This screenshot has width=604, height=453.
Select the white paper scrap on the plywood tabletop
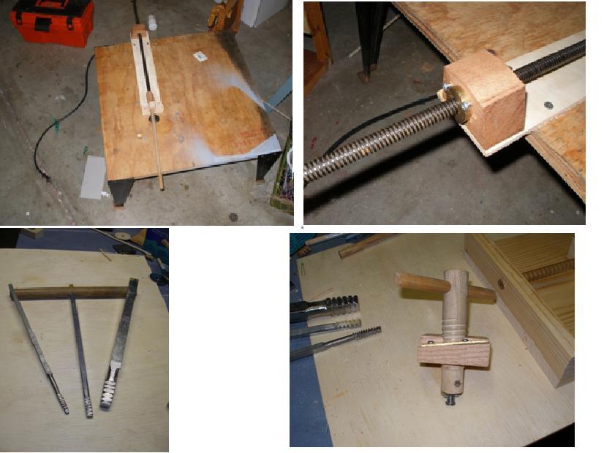click(199, 56)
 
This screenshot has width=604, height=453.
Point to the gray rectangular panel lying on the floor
click(93, 178)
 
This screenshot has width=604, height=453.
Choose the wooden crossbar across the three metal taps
click(70, 292)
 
